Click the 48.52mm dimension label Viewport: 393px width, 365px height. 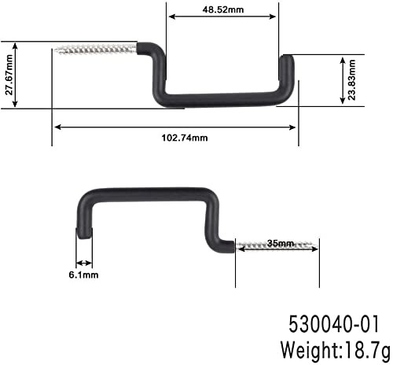[x=223, y=9]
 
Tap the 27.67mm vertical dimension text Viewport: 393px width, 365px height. [x=9, y=75]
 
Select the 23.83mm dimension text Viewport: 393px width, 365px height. [x=351, y=80]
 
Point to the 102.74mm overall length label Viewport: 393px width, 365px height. [x=185, y=138]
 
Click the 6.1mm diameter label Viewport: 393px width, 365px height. [x=84, y=275]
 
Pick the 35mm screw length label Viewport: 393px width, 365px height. [x=280, y=243]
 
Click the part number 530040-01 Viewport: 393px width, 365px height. [x=334, y=324]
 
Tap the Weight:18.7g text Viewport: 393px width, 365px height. [x=336, y=350]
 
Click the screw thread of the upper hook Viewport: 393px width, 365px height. [x=95, y=50]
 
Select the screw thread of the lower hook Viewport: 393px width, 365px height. [x=276, y=246]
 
